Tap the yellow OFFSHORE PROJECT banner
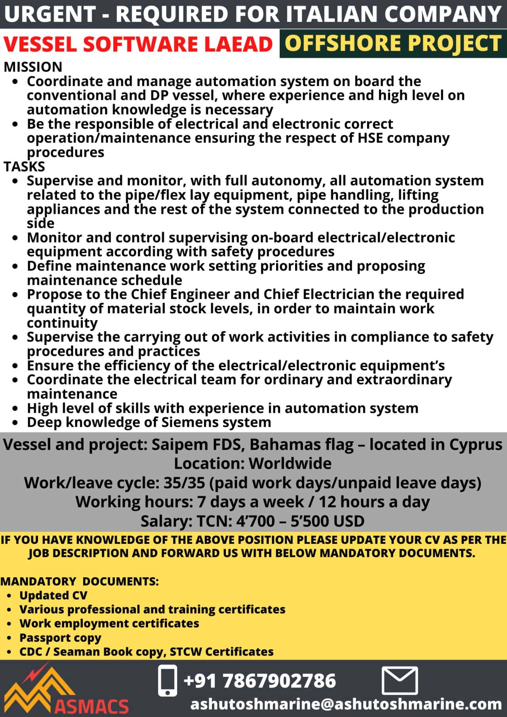click(x=393, y=43)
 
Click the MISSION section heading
click(x=33, y=67)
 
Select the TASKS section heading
click(x=24, y=166)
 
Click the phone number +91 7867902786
click(x=260, y=681)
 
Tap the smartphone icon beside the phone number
click(x=168, y=681)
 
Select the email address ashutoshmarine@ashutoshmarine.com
click(x=346, y=704)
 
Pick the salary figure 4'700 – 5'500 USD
click(x=300, y=521)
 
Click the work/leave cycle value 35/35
click(x=184, y=483)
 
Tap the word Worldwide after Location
click(x=290, y=463)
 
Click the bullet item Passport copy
click(x=60, y=638)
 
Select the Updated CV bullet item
click(x=53, y=595)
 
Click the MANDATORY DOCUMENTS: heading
click(x=79, y=582)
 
